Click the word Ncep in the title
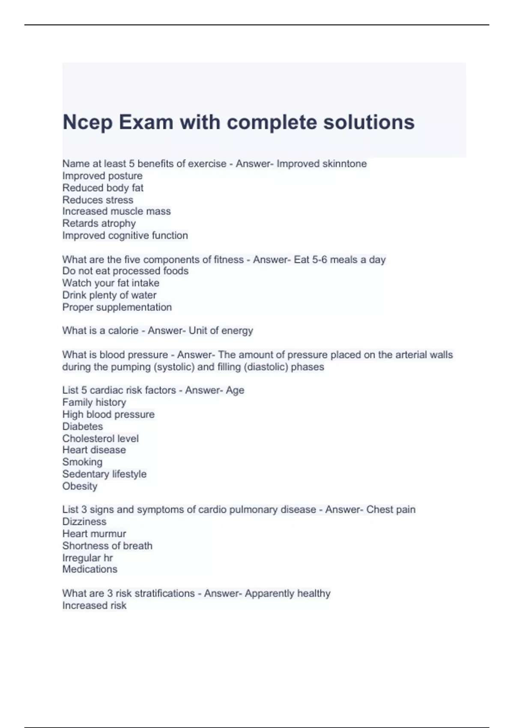pos(87,122)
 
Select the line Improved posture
pos(102,176)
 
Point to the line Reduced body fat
pos(103,188)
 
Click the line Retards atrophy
pos(99,223)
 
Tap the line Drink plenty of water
pos(109,295)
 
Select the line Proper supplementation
pos(117,307)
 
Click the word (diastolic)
pos(266,367)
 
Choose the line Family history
pos(94,402)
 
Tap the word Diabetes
pos(83,427)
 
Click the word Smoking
pos(82,462)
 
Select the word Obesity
pos(80,486)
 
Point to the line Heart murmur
pos(94,534)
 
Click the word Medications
pos(90,569)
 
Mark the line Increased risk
pos(94,606)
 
